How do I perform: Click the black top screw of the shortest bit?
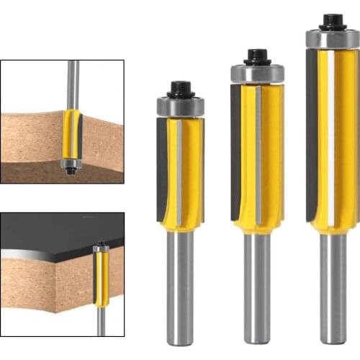(x=180, y=90)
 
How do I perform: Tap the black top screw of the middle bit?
(x=257, y=57)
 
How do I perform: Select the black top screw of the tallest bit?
(x=331, y=22)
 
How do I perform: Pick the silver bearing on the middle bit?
(x=257, y=73)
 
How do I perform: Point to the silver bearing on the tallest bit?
(x=332, y=39)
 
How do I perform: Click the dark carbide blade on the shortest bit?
(x=162, y=169)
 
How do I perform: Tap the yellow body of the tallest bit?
(x=342, y=137)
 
